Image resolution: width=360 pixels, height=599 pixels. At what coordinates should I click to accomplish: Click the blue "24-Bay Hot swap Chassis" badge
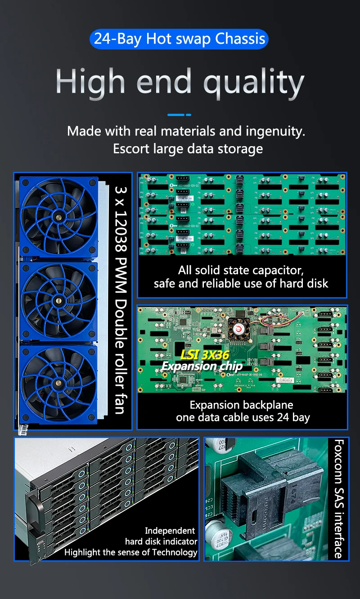tap(179, 39)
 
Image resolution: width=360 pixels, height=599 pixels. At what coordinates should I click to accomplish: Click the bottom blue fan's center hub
tap(58, 384)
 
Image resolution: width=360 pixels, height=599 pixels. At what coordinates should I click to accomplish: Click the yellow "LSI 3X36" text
tap(204, 355)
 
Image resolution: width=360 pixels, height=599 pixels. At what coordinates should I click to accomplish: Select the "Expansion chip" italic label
tap(202, 366)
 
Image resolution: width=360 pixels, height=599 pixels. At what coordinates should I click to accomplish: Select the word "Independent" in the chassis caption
tap(170, 531)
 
